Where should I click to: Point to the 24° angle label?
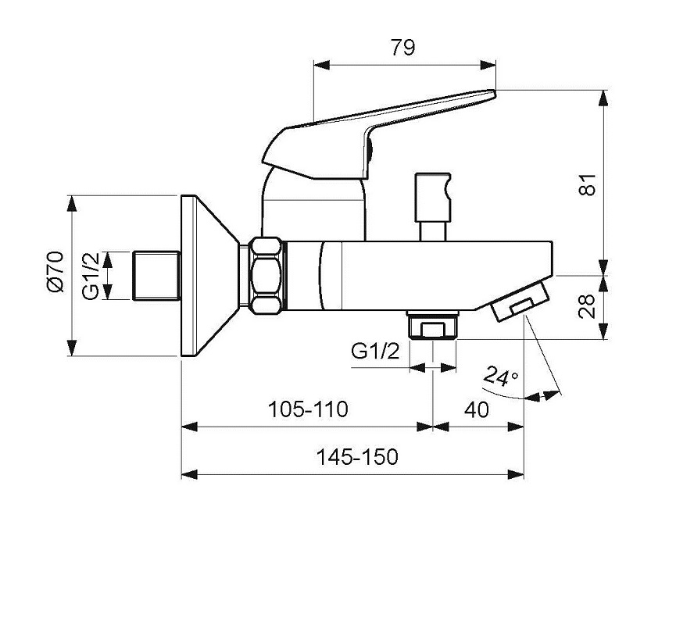[x=501, y=376]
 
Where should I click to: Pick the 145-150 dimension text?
[x=357, y=457]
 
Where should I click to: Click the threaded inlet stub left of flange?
[x=157, y=275]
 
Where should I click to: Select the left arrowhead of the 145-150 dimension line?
[x=188, y=474]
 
